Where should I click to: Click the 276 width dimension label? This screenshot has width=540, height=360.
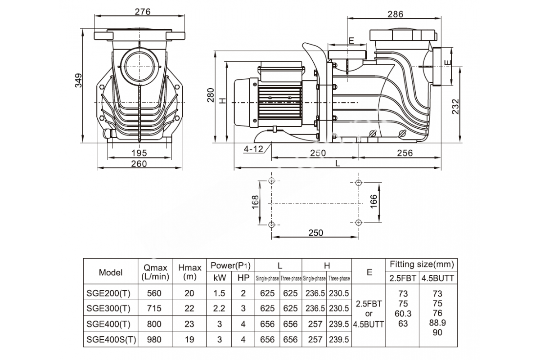[143, 12]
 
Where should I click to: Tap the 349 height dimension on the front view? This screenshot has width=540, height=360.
[78, 80]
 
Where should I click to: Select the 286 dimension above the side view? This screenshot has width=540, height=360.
[395, 14]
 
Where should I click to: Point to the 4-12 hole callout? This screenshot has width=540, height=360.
[253, 149]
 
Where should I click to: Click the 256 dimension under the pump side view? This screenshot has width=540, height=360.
[405, 153]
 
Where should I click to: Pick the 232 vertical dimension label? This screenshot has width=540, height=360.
[455, 106]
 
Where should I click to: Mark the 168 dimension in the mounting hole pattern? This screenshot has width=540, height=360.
[255, 202]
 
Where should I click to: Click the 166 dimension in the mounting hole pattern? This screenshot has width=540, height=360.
[373, 202]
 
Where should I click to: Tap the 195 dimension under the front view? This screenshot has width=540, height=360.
[139, 153]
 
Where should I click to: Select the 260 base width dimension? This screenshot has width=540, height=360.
[139, 164]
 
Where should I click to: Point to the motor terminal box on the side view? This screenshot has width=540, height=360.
[281, 71]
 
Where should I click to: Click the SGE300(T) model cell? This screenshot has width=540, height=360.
[108, 308]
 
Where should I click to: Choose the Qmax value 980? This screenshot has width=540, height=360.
[154, 339]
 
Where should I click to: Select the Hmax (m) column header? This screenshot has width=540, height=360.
[190, 272]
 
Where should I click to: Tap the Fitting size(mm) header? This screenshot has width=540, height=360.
[422, 264]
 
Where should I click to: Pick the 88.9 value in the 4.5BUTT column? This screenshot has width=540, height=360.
[437, 323]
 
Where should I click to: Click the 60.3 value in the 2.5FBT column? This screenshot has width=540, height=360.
[403, 314]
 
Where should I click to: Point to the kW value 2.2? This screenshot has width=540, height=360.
[219, 308]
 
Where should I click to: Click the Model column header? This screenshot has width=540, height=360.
[111, 272]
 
